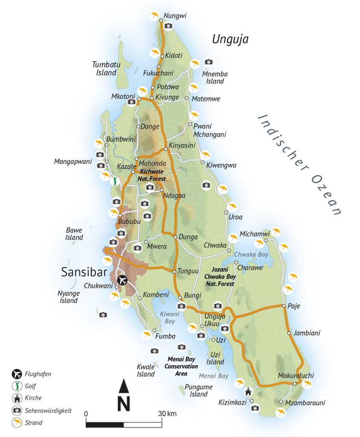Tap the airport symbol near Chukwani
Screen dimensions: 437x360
click(x=122, y=280)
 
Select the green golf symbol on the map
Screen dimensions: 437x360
click(x=114, y=181)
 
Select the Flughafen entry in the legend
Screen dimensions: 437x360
click(x=37, y=374)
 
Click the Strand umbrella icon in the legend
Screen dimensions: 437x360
click(x=16, y=423)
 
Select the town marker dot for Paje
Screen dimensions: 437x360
click(x=284, y=306)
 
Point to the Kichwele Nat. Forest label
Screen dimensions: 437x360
click(x=151, y=175)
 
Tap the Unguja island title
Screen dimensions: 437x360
click(x=230, y=40)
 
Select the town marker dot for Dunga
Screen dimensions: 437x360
click(x=175, y=236)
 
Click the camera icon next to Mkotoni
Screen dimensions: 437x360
click(x=132, y=102)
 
